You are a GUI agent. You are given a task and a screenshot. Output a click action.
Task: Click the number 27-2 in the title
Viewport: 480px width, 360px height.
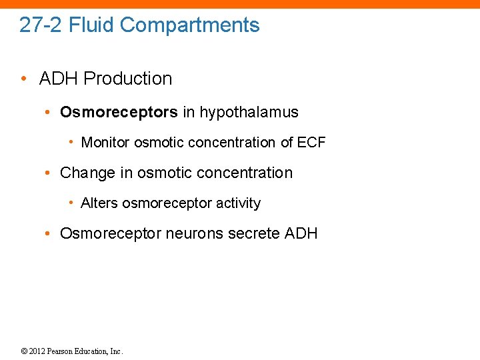point(41,25)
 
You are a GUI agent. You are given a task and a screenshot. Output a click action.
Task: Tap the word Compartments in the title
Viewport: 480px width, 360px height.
point(190,25)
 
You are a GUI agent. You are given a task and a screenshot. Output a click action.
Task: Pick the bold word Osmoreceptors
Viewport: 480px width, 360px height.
point(119,112)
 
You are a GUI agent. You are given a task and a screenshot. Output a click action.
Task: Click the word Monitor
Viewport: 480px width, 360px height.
point(105,143)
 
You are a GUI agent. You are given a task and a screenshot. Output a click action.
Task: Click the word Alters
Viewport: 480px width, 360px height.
point(99,203)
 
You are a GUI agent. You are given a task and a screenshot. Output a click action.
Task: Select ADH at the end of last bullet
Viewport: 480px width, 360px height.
point(301,233)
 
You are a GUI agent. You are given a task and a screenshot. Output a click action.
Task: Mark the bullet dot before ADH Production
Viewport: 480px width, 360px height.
point(24,79)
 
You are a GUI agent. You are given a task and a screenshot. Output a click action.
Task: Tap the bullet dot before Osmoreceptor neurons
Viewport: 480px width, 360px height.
point(48,233)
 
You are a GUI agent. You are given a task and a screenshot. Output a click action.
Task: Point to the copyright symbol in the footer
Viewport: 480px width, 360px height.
point(24,351)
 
